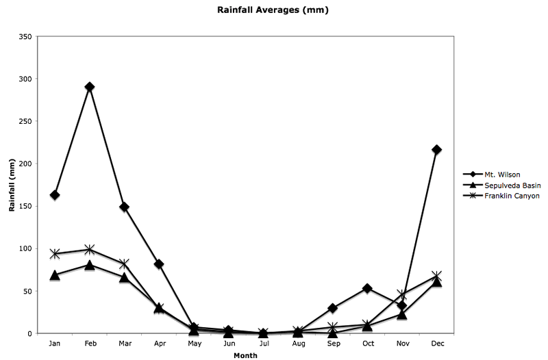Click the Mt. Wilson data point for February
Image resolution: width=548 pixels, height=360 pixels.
(89, 87)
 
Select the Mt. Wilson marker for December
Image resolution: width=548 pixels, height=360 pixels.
(436, 149)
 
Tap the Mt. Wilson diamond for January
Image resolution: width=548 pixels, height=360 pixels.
(55, 195)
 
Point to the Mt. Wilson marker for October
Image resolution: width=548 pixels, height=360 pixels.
(367, 288)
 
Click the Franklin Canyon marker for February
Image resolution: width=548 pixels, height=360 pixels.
(89, 249)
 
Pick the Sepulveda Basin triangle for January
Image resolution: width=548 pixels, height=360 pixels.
(55, 275)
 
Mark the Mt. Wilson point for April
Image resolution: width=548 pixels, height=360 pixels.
(159, 264)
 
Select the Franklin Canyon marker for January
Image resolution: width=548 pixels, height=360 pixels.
(55, 254)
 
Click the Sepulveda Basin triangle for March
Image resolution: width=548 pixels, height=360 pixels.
(124, 277)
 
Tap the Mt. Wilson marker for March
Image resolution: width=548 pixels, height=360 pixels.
(124, 207)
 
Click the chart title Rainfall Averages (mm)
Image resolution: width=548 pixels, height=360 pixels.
(274, 11)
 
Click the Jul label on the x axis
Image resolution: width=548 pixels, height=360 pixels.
(263, 344)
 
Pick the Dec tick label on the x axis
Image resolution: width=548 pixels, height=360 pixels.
(436, 344)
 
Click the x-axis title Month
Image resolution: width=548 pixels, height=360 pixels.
(245, 355)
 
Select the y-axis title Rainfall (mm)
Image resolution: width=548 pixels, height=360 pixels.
(12, 185)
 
